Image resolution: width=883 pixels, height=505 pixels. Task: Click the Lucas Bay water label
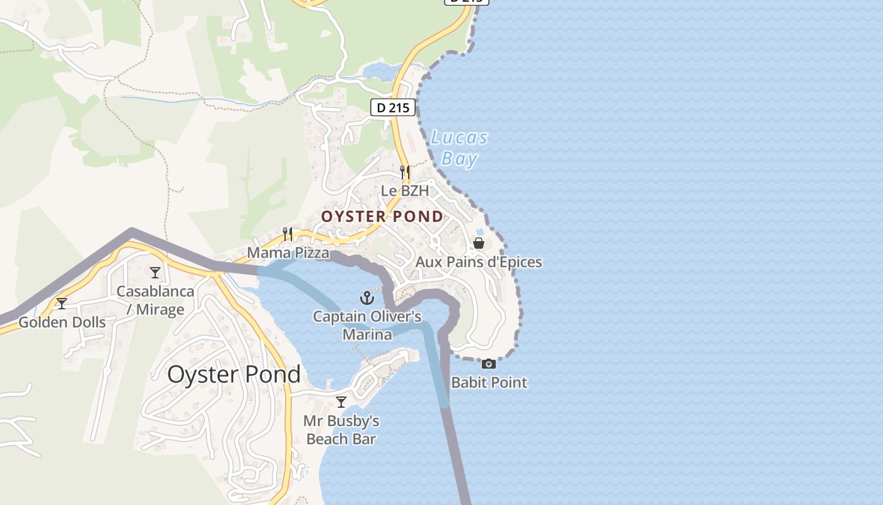click(x=459, y=148)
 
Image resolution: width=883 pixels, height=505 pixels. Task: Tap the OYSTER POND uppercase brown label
click(x=382, y=217)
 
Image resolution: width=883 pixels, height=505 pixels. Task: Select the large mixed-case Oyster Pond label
click(x=234, y=374)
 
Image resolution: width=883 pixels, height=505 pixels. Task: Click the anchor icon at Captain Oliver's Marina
click(x=367, y=298)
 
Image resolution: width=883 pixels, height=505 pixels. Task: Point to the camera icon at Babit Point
click(x=489, y=364)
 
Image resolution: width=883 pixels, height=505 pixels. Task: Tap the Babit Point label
click(x=489, y=383)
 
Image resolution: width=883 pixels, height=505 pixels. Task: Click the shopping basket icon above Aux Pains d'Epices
click(x=479, y=243)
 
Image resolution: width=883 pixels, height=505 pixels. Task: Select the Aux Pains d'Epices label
click(x=479, y=261)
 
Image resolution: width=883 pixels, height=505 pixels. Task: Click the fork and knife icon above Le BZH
click(x=405, y=172)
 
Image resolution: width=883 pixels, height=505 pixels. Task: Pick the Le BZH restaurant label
click(x=405, y=190)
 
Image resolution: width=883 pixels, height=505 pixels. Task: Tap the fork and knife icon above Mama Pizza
click(x=288, y=234)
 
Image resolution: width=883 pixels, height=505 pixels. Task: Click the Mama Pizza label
click(x=288, y=253)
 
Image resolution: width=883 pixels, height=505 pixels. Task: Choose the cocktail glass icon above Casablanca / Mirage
click(x=155, y=273)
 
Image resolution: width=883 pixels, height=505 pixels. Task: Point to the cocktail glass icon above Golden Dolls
click(x=62, y=304)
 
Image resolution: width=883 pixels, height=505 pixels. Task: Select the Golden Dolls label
click(x=62, y=323)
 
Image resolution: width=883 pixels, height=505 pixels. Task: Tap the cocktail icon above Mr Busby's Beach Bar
click(x=341, y=402)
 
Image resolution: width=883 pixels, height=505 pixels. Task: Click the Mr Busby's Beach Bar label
click(x=341, y=430)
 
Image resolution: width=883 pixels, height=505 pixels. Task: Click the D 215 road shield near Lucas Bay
click(x=394, y=107)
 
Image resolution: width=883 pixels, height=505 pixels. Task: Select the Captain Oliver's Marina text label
click(x=367, y=325)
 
